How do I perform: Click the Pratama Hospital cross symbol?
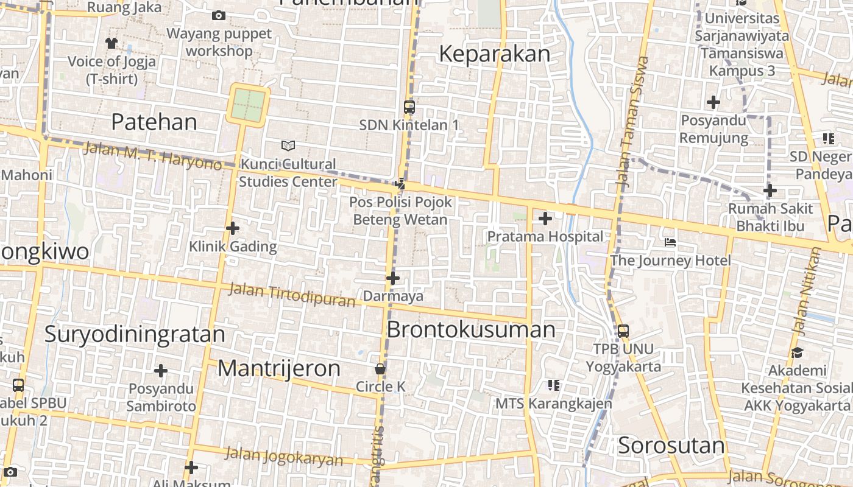(x=545, y=219)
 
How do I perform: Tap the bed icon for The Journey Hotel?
(x=670, y=243)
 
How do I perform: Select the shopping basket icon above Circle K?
(x=380, y=369)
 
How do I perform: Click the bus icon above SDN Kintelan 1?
(x=409, y=107)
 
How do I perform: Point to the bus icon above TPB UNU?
(x=623, y=331)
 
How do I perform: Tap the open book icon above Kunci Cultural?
(x=288, y=145)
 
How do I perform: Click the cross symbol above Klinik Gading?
(x=233, y=228)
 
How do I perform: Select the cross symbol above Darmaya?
(x=393, y=279)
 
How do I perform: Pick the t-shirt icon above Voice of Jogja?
(x=111, y=43)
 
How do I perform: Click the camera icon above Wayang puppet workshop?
(x=219, y=15)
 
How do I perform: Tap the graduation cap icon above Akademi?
(x=796, y=352)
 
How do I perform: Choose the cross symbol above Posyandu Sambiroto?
(x=161, y=371)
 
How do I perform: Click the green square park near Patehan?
(x=249, y=105)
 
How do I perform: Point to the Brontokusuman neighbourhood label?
(x=471, y=330)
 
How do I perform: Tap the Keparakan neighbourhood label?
(x=494, y=54)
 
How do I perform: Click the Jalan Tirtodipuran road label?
(x=291, y=296)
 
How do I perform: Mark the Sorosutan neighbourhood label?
(x=671, y=446)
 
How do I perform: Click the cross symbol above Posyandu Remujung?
(x=713, y=102)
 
